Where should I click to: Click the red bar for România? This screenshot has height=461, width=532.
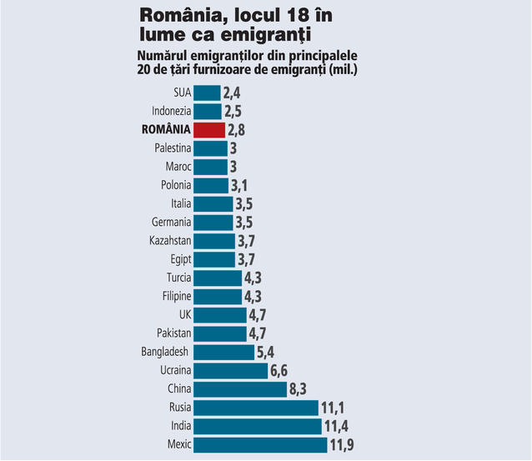tap(209, 129)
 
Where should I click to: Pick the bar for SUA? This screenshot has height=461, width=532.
tap(207, 93)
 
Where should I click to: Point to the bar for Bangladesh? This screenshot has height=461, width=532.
tap(223, 352)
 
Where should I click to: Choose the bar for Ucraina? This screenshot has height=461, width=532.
tap(230, 370)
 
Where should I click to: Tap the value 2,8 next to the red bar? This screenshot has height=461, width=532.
tap(240, 130)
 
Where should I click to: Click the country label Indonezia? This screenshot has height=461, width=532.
tap(172, 111)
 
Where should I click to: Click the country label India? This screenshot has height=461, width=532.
tap(180, 426)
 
